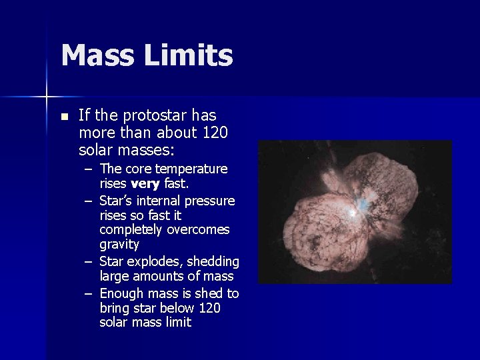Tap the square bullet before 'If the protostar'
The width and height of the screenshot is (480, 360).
pyautogui.click(x=63, y=117)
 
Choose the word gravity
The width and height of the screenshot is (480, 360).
pyautogui.click(x=119, y=245)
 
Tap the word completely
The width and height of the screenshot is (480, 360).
pyautogui.click(x=131, y=230)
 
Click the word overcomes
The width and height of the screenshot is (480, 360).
pyautogui.click(x=202, y=230)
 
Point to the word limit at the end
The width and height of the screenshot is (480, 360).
pyautogui.click(x=178, y=323)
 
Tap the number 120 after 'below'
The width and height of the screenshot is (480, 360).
pyautogui.click(x=209, y=308)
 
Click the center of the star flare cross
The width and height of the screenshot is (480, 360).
pyautogui.click(x=46, y=97)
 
